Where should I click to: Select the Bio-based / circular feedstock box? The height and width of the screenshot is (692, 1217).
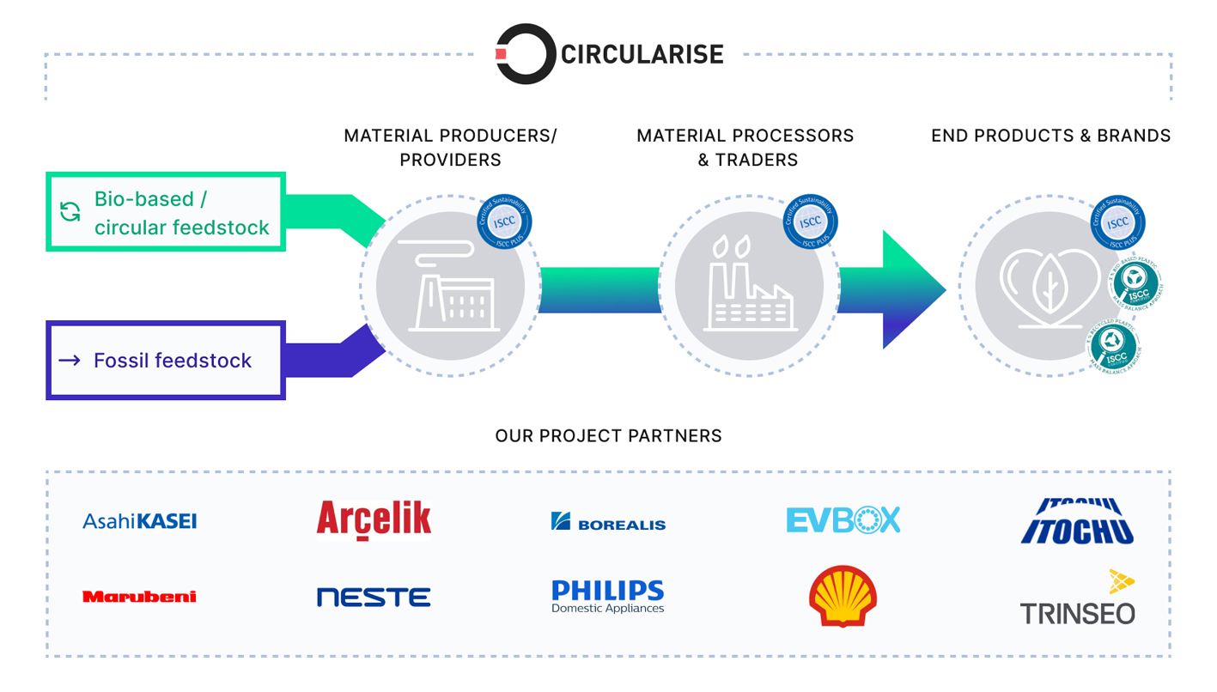coord(166,212)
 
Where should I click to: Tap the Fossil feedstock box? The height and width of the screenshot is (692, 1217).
coord(166,361)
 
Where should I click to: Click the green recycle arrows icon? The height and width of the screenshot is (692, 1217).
coord(70,211)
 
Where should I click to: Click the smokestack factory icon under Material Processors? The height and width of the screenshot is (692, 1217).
coord(748,286)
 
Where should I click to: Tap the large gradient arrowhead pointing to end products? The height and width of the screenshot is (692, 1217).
coord(910,289)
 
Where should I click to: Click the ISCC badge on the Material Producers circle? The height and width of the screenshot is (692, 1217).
coord(504,222)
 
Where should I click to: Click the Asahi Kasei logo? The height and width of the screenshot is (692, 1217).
coord(139,521)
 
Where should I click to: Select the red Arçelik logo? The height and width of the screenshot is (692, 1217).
coord(374,520)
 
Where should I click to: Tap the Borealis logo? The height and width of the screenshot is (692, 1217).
coord(608,521)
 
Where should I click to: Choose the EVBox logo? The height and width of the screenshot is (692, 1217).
coord(843,520)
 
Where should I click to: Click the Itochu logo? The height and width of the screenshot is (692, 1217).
coord(1077,521)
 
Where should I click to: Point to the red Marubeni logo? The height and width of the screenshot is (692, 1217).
coord(139,597)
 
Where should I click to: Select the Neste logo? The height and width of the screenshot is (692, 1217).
coord(374,597)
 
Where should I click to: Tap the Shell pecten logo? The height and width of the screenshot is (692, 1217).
coord(843,597)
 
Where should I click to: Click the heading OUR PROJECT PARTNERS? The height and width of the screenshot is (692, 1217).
coord(608,436)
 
